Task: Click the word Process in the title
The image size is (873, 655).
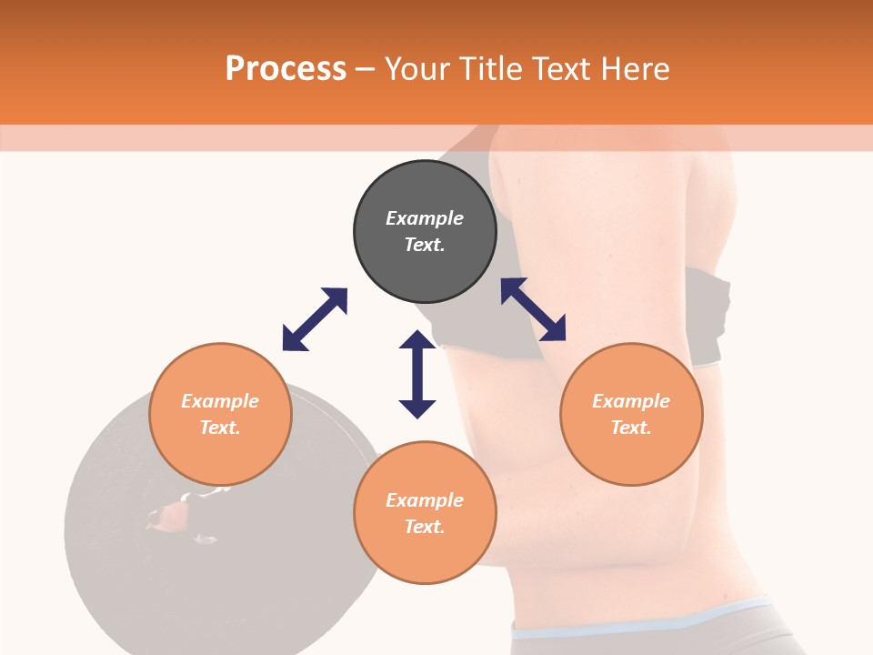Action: (x=286, y=69)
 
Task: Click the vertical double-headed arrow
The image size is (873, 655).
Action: (x=417, y=374)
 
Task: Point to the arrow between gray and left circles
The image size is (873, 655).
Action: (x=315, y=319)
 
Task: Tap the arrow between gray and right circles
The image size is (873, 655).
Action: (x=533, y=309)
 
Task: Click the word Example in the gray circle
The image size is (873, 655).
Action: (x=425, y=218)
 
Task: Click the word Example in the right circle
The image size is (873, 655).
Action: (x=631, y=401)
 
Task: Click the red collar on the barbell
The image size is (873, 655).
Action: (x=167, y=518)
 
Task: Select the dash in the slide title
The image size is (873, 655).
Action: (x=366, y=69)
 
